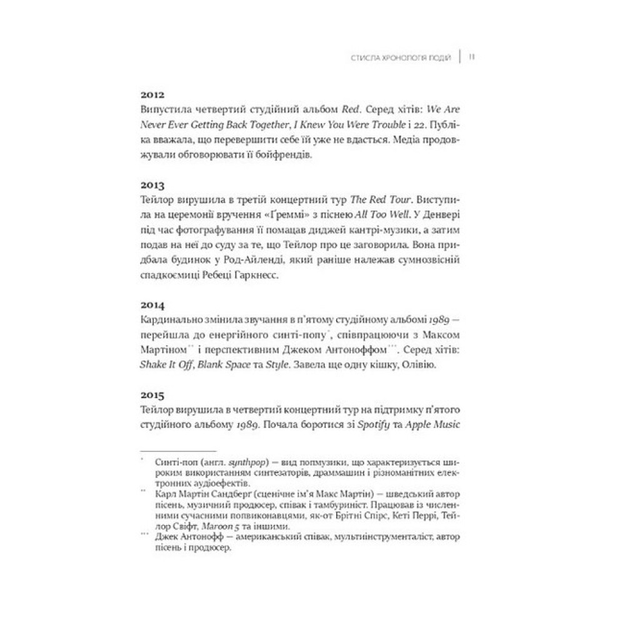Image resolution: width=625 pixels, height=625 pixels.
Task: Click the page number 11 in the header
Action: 472,57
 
